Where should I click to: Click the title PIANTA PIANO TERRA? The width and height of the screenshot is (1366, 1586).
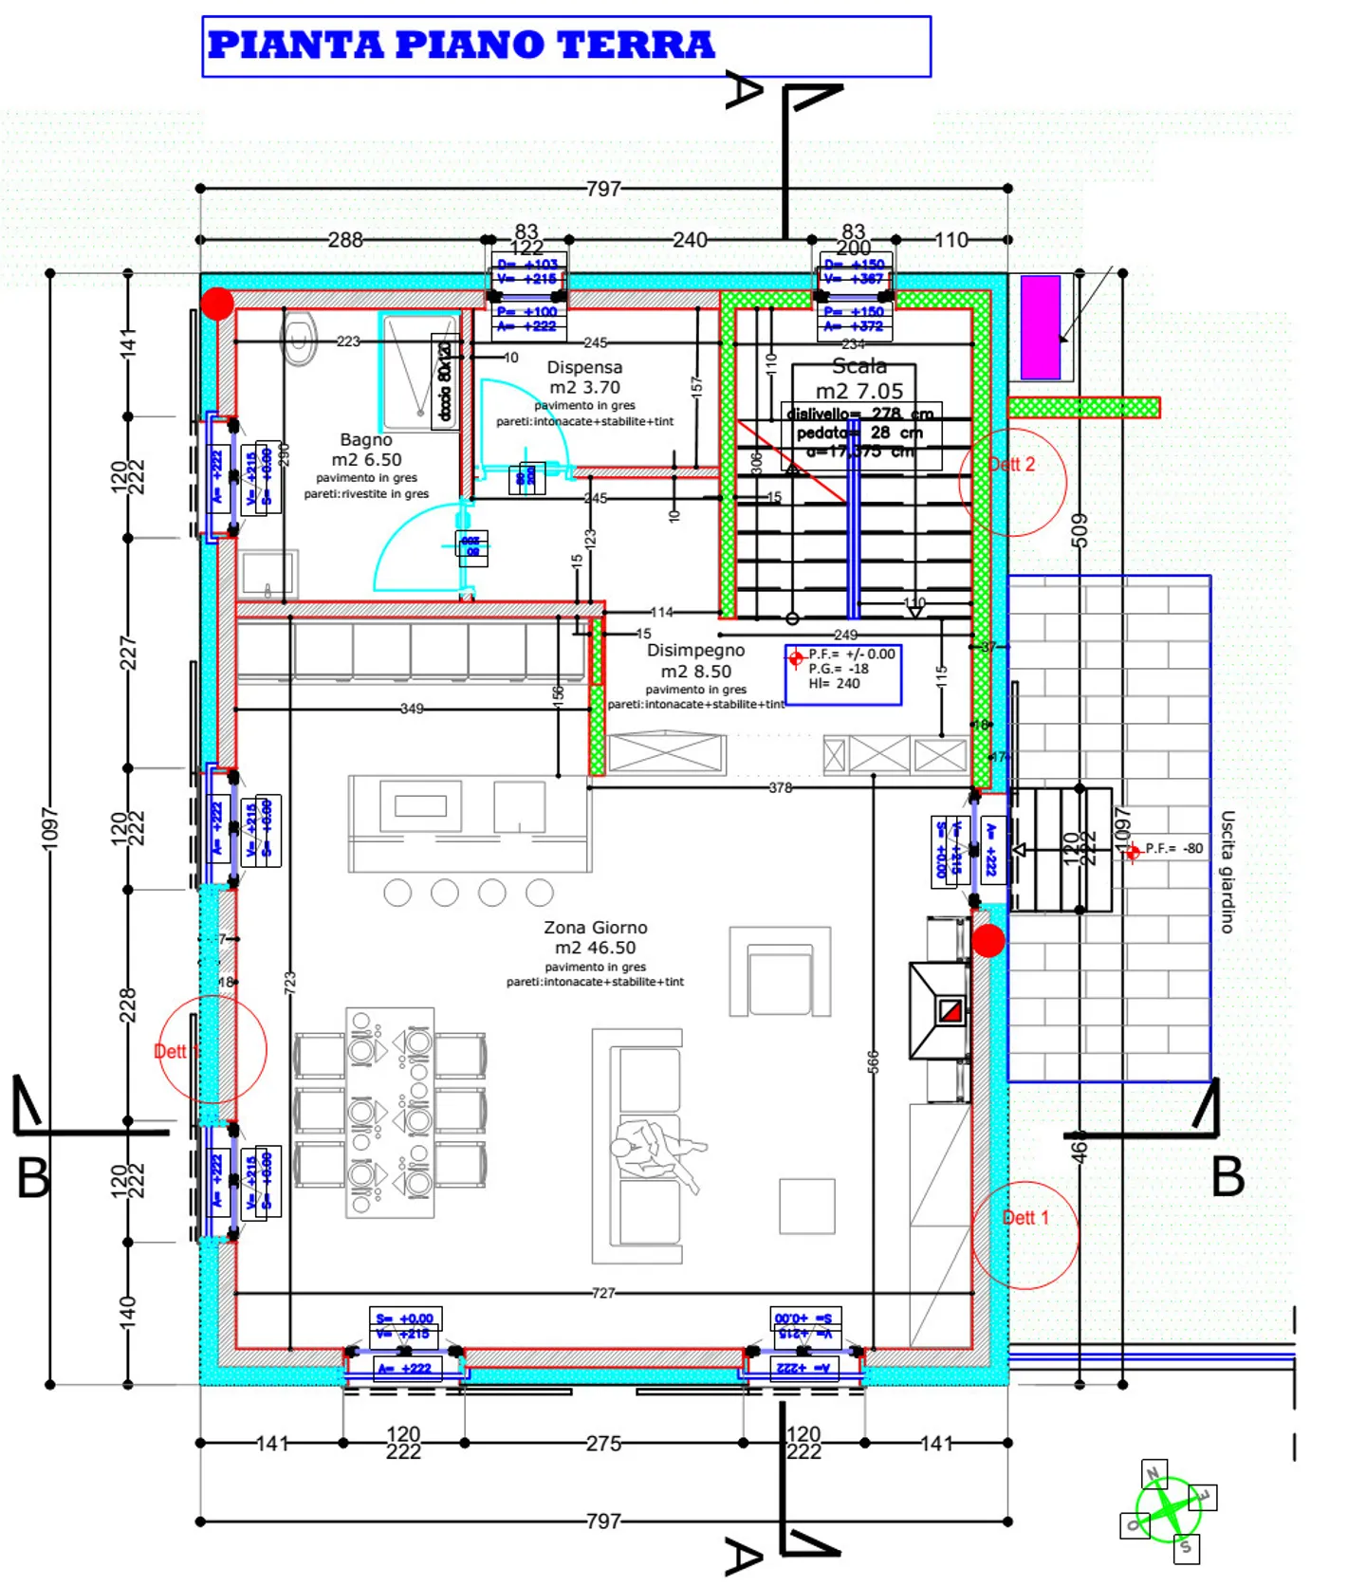(x=461, y=45)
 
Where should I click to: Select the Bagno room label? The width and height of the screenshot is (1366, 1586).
(x=366, y=440)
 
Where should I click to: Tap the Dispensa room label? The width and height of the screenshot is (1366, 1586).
(x=584, y=367)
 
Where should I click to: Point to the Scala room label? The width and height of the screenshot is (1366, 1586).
(x=859, y=366)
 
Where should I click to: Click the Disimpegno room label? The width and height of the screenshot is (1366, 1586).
(x=695, y=651)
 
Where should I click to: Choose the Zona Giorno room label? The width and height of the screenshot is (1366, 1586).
(x=595, y=928)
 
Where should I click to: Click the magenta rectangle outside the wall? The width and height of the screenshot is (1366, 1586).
(x=1040, y=327)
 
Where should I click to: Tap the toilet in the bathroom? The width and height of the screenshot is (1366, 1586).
(x=298, y=339)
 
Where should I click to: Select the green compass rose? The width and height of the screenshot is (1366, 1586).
(x=1168, y=1510)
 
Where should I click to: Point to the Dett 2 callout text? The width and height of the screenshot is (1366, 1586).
(x=1011, y=465)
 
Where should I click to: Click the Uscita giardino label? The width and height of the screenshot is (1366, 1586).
(x=1227, y=871)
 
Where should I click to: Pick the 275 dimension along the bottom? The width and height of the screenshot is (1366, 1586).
(x=603, y=1443)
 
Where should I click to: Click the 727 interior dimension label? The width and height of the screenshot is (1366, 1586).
(x=603, y=1293)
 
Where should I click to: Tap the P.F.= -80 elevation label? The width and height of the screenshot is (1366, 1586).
(x=1173, y=849)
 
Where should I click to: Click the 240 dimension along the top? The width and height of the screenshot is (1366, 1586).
(x=690, y=240)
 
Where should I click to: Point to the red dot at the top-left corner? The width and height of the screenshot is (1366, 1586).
(x=217, y=304)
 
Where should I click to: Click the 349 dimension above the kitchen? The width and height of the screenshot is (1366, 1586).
(x=412, y=709)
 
